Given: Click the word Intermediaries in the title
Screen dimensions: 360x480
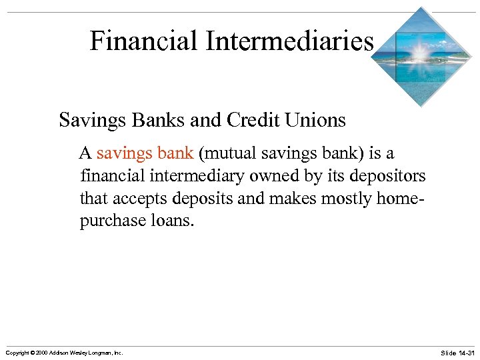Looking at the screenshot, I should click(289, 41).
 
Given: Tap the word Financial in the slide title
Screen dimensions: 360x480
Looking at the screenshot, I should click(144, 41).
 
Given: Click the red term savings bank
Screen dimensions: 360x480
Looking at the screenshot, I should click(145, 153).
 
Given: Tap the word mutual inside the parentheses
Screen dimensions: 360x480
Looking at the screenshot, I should click(225, 153).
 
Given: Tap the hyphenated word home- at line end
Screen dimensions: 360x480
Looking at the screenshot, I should click(401, 199).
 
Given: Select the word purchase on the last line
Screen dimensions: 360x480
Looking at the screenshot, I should click(109, 221).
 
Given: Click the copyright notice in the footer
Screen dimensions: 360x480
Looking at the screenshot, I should click(64, 352).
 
